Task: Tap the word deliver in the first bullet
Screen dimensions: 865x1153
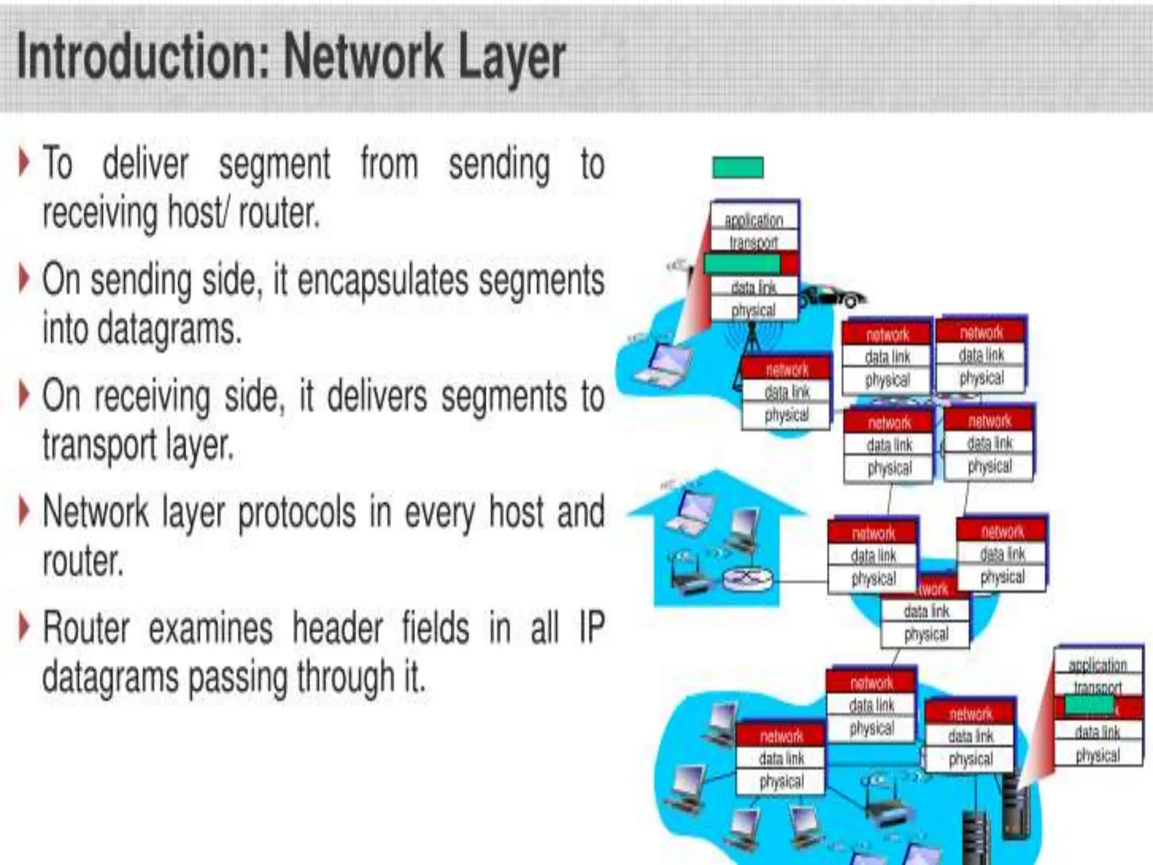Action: [x=145, y=163]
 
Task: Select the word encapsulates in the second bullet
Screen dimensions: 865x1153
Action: [x=383, y=280]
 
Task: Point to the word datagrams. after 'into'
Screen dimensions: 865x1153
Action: [x=169, y=329]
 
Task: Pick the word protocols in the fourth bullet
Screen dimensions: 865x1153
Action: [x=297, y=512]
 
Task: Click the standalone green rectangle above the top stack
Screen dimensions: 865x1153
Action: [x=738, y=167]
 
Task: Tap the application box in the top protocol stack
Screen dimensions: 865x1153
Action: [x=753, y=220]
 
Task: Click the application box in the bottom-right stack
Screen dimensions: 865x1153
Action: [x=1097, y=665]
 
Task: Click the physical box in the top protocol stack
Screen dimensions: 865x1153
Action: [x=753, y=310]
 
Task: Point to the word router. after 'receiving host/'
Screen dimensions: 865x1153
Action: [x=279, y=214]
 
